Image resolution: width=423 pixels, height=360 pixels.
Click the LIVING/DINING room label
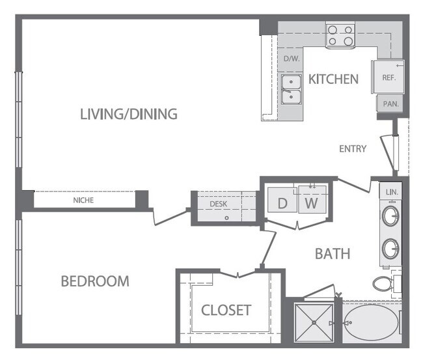point(129,115)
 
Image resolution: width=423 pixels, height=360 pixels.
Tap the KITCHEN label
point(333,79)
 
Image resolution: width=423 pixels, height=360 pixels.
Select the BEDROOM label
point(95,281)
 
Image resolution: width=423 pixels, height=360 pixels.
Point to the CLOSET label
point(226,310)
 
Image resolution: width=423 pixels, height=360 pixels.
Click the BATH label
point(333,253)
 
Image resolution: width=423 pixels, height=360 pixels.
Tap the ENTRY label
point(353,149)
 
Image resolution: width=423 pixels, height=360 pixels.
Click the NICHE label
point(83,201)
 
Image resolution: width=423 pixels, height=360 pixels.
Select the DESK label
point(217,204)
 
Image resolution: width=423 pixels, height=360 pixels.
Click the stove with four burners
point(340,35)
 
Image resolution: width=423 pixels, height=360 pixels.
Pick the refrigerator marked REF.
point(389,77)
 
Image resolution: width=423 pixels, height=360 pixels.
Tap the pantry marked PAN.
point(390,104)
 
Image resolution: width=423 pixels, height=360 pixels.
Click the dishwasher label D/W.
point(290,59)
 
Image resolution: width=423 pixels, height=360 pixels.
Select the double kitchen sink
point(291,90)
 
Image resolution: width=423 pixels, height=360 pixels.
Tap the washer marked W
point(312,202)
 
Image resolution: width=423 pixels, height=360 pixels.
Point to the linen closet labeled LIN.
point(391,192)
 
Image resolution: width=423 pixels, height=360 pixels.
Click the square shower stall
point(314,324)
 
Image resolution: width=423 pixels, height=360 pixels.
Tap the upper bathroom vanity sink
point(390,217)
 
